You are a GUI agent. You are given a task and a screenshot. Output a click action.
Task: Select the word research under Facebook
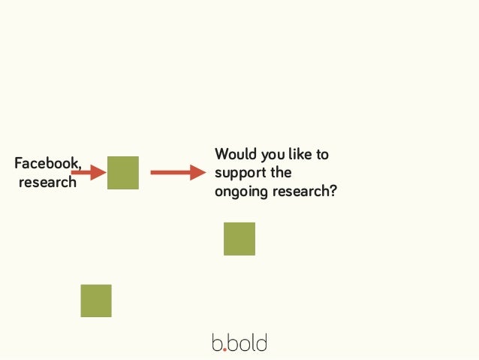pyautogui.click(x=47, y=182)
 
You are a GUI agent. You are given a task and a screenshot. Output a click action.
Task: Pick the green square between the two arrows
pyautogui.click(x=123, y=173)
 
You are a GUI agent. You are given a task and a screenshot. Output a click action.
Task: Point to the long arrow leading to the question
pyautogui.click(x=177, y=173)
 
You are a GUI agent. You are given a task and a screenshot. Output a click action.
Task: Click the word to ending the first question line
pyautogui.click(x=322, y=155)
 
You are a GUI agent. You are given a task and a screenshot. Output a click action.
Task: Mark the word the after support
pyautogui.click(x=281, y=172)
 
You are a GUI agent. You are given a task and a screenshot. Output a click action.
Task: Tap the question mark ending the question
pyautogui.click(x=333, y=191)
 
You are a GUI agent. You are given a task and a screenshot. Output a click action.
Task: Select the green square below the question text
pyautogui.click(x=239, y=239)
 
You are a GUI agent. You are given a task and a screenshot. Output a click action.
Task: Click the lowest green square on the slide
pyautogui.click(x=96, y=301)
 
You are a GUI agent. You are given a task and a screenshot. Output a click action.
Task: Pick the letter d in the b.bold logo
pyautogui.click(x=261, y=343)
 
